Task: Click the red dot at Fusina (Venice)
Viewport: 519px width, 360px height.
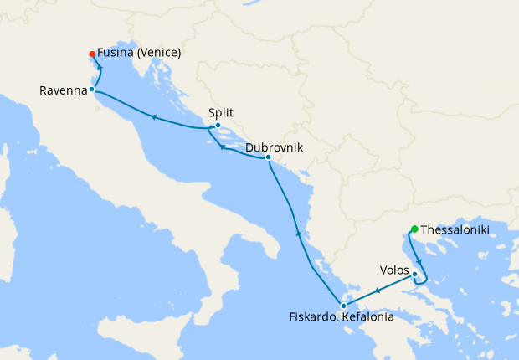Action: tap(91, 55)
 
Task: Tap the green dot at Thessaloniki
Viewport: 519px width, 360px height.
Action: tap(414, 229)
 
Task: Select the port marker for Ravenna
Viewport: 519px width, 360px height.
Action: tap(91, 89)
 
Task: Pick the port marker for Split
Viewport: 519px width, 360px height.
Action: tap(218, 126)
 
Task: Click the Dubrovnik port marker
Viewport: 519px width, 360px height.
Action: tap(267, 157)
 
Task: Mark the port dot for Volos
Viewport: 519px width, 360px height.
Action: tap(415, 274)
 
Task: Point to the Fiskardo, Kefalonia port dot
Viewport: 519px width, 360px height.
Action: tap(343, 306)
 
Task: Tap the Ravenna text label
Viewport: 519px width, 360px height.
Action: tap(62, 90)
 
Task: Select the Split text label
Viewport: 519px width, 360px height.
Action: tap(222, 113)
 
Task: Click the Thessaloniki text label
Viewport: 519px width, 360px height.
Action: tap(455, 229)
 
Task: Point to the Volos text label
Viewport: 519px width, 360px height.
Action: tap(394, 270)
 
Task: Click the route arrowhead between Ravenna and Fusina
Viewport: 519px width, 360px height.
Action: tap(100, 69)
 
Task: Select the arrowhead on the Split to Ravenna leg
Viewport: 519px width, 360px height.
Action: tap(153, 117)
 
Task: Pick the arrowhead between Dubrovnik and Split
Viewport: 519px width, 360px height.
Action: tap(222, 148)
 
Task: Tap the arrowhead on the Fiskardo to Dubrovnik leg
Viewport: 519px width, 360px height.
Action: tap(298, 234)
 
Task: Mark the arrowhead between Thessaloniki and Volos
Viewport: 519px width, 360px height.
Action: tap(419, 262)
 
